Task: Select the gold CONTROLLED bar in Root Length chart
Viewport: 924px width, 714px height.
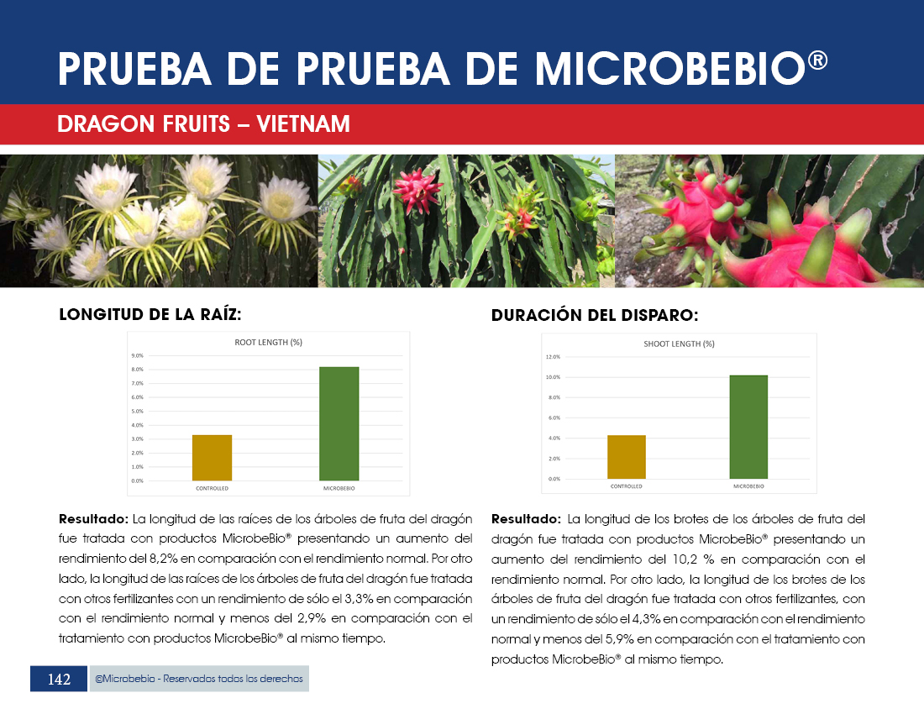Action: [212, 458]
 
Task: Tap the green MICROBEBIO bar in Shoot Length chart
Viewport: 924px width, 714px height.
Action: [748, 427]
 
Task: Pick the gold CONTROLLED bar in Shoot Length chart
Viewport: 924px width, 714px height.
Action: [627, 457]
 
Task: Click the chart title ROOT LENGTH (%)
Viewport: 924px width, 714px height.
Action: [268, 342]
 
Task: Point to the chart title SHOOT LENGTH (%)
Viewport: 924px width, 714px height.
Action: [680, 344]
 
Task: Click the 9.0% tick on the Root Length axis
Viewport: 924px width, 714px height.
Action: [136, 355]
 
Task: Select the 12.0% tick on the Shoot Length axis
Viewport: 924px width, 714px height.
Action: [553, 356]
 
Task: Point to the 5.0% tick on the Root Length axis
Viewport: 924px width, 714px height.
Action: [136, 412]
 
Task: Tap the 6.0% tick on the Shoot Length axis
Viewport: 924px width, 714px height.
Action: [553, 417]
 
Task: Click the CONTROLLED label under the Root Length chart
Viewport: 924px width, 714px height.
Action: [212, 488]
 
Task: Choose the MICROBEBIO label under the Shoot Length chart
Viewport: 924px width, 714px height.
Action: [748, 486]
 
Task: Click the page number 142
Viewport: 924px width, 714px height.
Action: [59, 680]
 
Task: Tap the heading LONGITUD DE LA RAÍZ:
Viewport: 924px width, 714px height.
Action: [150, 315]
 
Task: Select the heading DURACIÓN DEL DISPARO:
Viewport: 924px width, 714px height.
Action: [595, 316]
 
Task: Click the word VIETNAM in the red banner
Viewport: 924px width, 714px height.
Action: [303, 124]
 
